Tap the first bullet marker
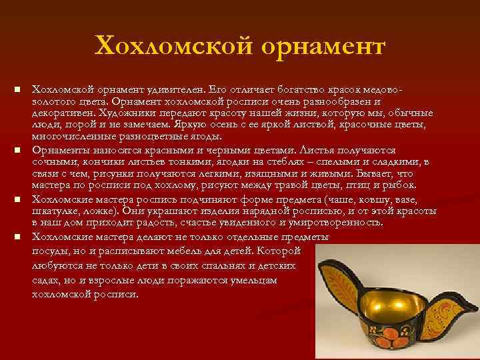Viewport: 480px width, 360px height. coord(19,89)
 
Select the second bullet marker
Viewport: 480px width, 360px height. coord(19,150)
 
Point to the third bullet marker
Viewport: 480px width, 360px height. coord(19,200)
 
